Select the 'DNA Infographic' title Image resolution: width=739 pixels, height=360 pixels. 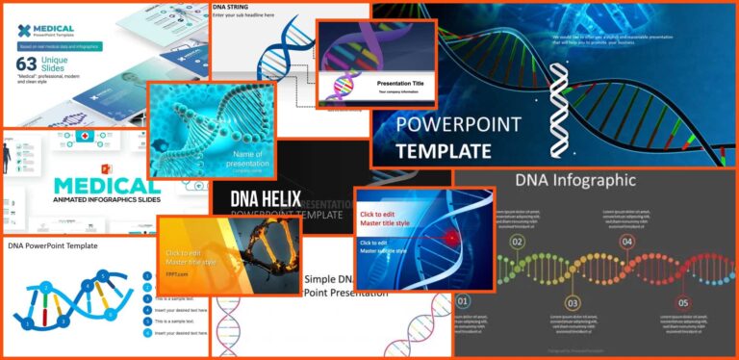[575, 179]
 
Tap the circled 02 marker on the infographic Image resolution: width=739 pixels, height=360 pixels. [517, 242]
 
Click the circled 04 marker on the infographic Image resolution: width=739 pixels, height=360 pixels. [626, 242]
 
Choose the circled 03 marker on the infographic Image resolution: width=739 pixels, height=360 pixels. [572, 303]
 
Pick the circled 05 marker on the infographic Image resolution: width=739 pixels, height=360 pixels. [683, 303]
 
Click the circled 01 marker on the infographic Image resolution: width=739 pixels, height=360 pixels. [462, 300]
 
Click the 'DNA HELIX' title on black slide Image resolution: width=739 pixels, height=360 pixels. [266, 200]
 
